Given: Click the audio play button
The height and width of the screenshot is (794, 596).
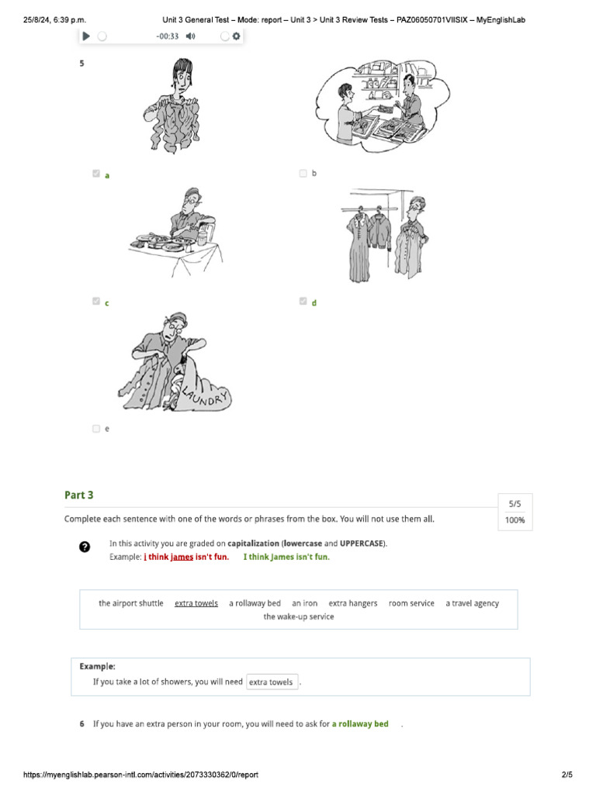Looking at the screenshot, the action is pyautogui.click(x=86, y=36).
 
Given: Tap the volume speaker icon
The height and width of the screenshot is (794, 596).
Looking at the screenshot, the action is pyautogui.click(x=191, y=36).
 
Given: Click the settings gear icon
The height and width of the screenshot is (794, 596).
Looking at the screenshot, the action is pyautogui.click(x=236, y=36).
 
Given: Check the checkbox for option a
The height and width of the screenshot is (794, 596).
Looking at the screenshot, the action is pyautogui.click(x=96, y=174).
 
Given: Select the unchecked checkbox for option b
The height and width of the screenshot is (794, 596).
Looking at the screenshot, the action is pyautogui.click(x=303, y=173).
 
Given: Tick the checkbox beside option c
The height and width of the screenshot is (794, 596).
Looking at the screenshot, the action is pyautogui.click(x=96, y=302).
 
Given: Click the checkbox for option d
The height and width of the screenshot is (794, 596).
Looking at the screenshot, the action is pyautogui.click(x=303, y=302).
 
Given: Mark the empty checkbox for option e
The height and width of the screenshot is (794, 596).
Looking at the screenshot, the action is pyautogui.click(x=96, y=428).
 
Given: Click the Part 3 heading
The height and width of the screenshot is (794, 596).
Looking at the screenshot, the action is pyautogui.click(x=79, y=495).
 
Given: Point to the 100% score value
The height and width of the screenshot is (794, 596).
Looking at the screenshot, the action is pyautogui.click(x=515, y=520).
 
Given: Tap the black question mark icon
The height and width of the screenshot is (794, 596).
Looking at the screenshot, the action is pyautogui.click(x=85, y=547).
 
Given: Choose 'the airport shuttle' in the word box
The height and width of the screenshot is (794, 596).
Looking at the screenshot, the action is pyautogui.click(x=130, y=603).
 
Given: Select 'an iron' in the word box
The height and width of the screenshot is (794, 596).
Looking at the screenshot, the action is pyautogui.click(x=304, y=603).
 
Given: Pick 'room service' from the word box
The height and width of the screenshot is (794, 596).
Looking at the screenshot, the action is pyautogui.click(x=411, y=603).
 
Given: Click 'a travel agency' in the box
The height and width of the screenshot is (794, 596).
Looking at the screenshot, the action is pyautogui.click(x=473, y=603).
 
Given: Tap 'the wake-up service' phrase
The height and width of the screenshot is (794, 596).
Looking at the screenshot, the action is pyautogui.click(x=299, y=616).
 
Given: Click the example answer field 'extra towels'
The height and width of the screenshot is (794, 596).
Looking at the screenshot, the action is pyautogui.click(x=272, y=682).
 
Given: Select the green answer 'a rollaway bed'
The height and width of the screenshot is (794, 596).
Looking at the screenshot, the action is pyautogui.click(x=360, y=723).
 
